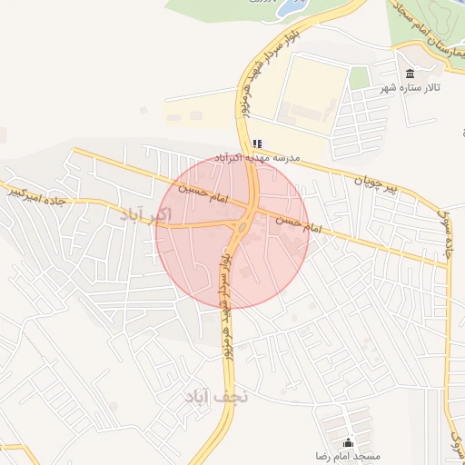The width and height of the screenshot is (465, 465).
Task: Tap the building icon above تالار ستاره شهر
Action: (410, 74)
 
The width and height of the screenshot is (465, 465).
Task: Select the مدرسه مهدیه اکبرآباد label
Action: (257, 157)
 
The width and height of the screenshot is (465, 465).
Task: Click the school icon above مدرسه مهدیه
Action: (257, 143)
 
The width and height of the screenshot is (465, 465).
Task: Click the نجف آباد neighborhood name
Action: (216, 397)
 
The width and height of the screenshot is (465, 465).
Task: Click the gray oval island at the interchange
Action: (243, 225)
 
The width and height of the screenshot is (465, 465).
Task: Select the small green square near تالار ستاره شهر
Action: (360, 76)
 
